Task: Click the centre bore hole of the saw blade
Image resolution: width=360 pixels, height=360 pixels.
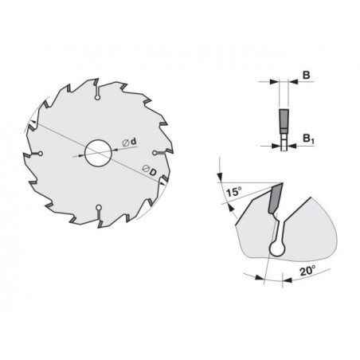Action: point(98,153)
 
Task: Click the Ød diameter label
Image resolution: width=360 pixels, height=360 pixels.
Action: point(129,142)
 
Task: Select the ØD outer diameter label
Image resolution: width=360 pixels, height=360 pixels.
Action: point(149,170)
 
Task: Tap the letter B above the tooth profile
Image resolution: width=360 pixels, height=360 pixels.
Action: point(307,75)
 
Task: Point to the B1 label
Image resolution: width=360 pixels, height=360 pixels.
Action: point(308,139)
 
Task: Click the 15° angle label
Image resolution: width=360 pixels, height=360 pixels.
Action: point(234,191)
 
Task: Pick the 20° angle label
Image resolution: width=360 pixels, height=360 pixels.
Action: point(307,271)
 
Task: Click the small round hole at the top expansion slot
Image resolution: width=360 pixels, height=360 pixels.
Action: point(98,98)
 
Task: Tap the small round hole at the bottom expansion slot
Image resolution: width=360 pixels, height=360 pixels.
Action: point(99,207)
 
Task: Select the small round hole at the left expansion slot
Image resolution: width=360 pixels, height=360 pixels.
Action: point(41,153)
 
